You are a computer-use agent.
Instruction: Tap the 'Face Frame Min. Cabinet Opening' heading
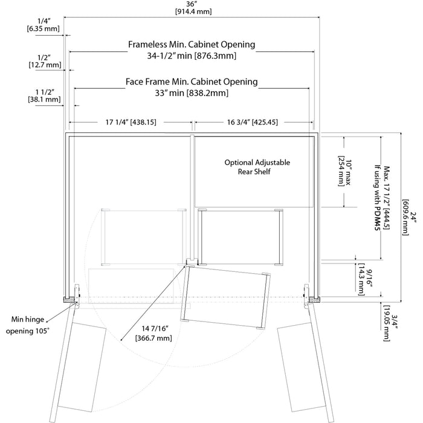(x=192, y=81)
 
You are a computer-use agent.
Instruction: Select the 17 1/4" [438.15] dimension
(x=131, y=121)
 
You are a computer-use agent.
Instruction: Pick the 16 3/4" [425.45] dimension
(x=253, y=121)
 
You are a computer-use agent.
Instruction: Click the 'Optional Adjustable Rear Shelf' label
(x=257, y=167)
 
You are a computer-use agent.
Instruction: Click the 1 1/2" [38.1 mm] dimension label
(x=43, y=95)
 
